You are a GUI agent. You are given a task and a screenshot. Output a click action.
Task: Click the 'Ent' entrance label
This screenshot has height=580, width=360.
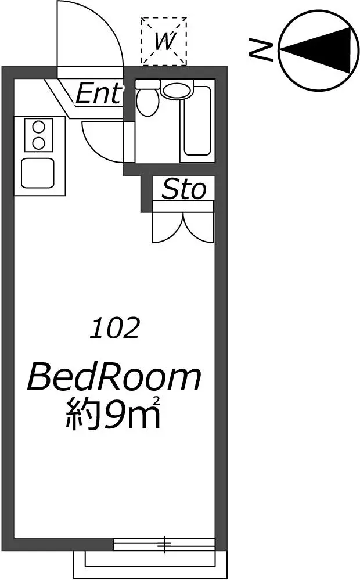[x=98, y=93]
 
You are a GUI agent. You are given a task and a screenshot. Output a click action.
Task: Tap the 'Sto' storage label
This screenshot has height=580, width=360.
[x=183, y=189]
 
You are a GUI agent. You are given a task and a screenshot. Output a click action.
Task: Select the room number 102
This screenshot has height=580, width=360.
[x=115, y=327]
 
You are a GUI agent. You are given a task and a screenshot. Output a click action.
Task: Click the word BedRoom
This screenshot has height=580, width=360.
[x=114, y=377]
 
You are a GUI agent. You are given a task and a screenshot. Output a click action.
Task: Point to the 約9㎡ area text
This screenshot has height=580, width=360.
[x=113, y=415]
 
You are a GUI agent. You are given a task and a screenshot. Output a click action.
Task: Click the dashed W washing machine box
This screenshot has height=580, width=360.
[x=164, y=41]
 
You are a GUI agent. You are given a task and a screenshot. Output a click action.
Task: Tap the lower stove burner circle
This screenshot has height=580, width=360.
[x=38, y=143]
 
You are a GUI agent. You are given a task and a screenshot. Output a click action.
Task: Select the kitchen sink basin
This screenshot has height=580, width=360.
[x=38, y=173]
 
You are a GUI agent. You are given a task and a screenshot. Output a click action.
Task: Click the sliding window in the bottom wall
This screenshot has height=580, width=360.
[x=164, y=544]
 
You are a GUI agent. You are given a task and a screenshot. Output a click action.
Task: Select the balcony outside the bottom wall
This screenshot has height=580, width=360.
[x=150, y=564]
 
